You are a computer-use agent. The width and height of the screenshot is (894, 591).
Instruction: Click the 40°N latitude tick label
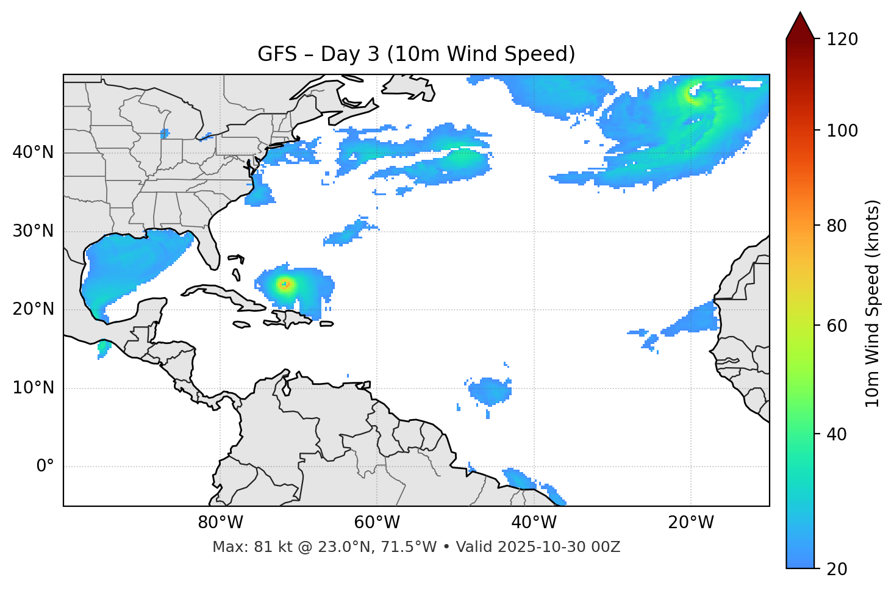pos(33,152)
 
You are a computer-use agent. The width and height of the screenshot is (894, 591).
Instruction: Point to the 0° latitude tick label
pos(45,467)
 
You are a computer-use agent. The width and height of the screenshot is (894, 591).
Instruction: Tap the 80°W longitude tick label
pos(220,523)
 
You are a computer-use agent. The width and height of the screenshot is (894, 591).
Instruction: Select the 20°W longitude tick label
pos(691,523)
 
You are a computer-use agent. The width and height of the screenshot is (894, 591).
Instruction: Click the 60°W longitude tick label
pos(377,523)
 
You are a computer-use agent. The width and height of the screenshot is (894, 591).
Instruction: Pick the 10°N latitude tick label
pos(33,388)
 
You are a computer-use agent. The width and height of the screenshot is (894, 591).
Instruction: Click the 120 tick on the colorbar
pos(842,40)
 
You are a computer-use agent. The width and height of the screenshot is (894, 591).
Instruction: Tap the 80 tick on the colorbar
pos(837,226)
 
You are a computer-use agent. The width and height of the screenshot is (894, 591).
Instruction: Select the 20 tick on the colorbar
pos(837,569)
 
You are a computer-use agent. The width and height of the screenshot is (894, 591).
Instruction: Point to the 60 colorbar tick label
pos(837,326)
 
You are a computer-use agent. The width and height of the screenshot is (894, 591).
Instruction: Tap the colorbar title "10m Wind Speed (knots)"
pos(873,304)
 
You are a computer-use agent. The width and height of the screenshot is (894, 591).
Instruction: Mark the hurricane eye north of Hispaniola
pos(284,284)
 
